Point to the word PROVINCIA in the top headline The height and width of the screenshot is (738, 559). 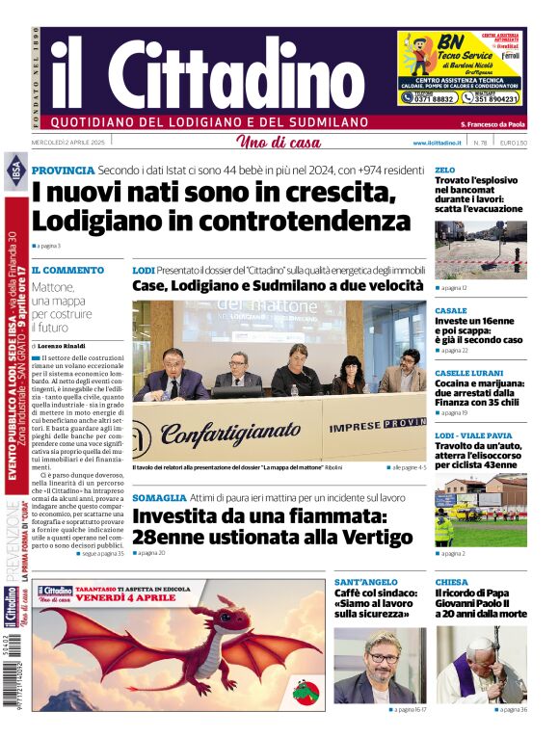tap(63, 171)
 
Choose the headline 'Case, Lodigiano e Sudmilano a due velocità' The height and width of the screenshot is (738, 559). tap(278, 286)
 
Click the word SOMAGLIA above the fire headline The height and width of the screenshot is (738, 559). tap(159, 497)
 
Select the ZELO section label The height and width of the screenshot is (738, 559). tap(444, 170)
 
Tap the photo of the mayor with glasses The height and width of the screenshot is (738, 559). tap(379, 665)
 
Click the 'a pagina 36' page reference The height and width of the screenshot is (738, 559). tap(511, 711)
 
